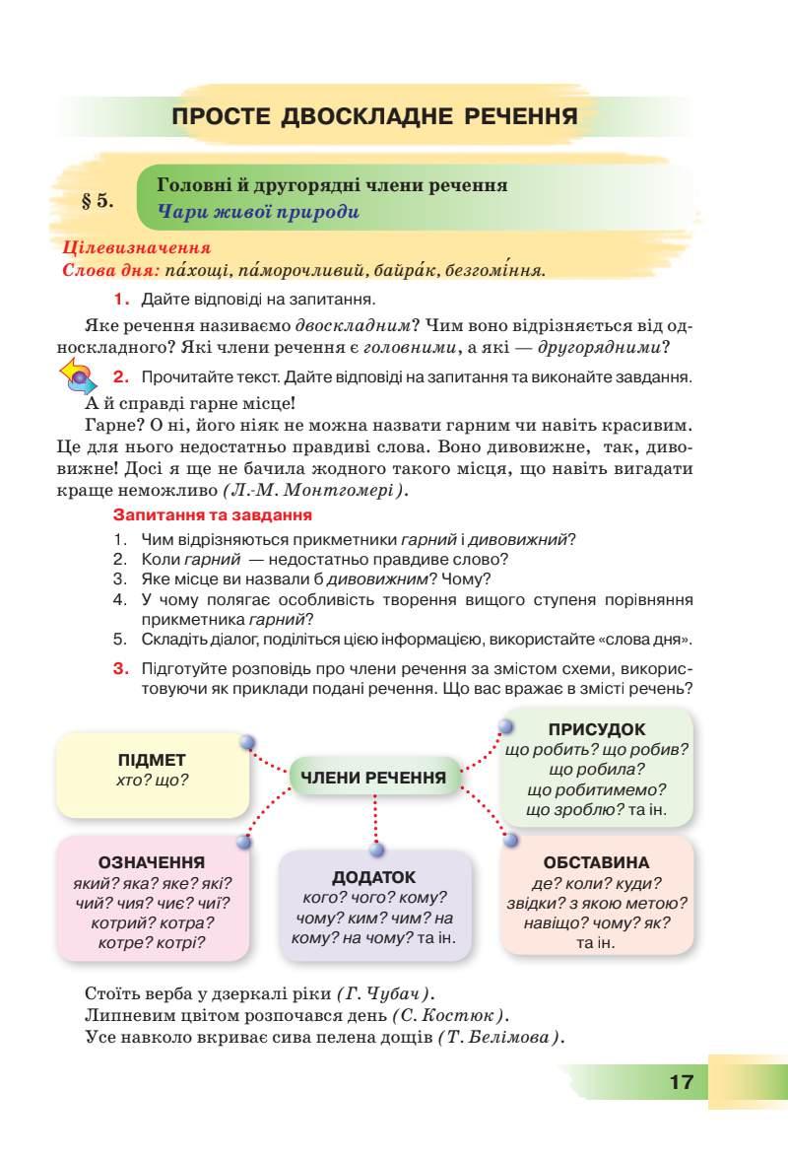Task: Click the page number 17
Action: [x=681, y=1082]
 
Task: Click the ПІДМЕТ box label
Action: [x=152, y=760]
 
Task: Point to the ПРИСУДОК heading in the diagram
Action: [x=598, y=729]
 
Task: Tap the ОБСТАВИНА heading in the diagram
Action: [x=596, y=862]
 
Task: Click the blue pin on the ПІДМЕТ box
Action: [x=248, y=742]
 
